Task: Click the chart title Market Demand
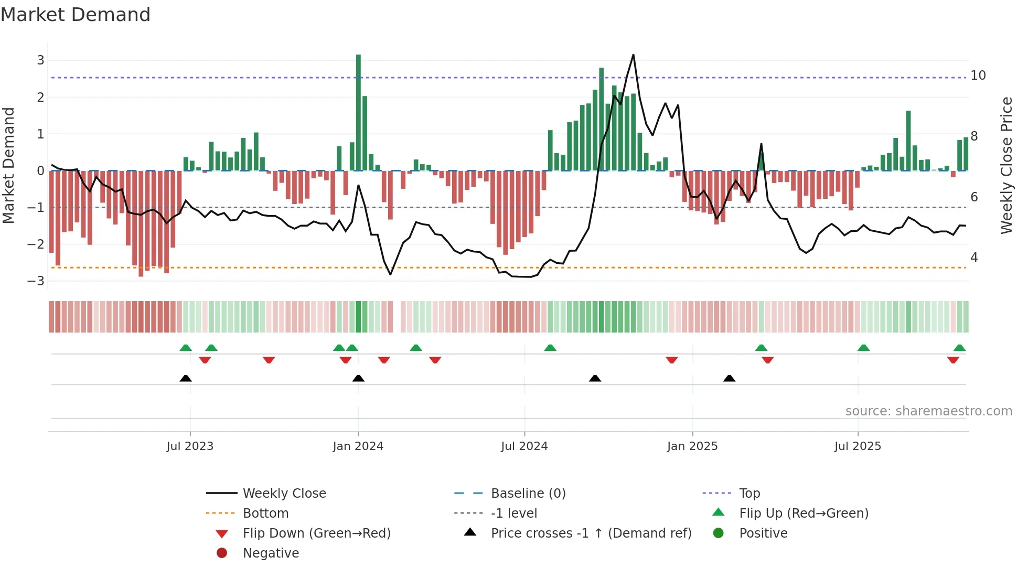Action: click(x=76, y=15)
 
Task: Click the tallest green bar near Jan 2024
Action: click(x=358, y=113)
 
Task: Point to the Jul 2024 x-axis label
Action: click(x=524, y=446)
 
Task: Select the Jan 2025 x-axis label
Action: click(x=692, y=446)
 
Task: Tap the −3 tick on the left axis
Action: click(x=36, y=281)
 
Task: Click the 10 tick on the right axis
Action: click(x=978, y=76)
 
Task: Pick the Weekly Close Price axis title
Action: click(x=1006, y=165)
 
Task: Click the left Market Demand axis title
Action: click(x=9, y=165)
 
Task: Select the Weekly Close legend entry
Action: click(x=284, y=494)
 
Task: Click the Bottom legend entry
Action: click(x=265, y=513)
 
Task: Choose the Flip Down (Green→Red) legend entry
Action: click(x=316, y=533)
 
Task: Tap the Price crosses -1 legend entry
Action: click(x=591, y=533)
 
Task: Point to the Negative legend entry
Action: click(x=271, y=553)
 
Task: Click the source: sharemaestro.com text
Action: click(x=928, y=411)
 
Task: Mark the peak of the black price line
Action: click(x=633, y=55)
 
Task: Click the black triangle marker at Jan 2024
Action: click(x=358, y=379)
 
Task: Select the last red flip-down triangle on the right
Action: click(x=953, y=360)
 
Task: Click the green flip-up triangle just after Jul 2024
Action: click(x=550, y=348)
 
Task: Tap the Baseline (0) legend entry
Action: click(x=528, y=494)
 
